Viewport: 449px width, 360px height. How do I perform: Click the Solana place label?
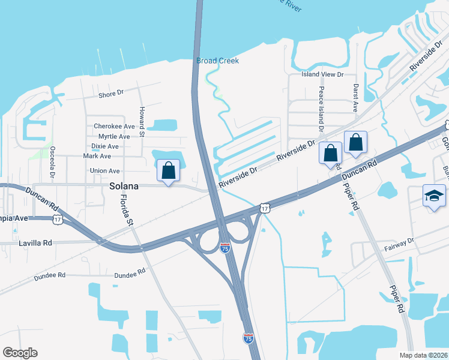coord(124,187)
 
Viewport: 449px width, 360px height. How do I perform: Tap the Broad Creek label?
coord(217,61)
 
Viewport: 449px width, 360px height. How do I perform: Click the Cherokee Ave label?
coord(114,127)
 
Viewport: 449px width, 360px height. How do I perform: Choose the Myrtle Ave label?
coord(114,137)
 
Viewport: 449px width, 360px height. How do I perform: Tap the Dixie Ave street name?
coord(105,146)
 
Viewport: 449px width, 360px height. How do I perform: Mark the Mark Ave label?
coord(97,156)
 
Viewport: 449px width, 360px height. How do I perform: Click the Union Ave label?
coord(104,171)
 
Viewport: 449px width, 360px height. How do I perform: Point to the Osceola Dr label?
coord(53,162)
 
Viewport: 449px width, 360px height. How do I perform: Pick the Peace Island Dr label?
coord(322,109)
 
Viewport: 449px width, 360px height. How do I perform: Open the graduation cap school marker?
coord(435,196)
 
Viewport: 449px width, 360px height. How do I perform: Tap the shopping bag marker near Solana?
coord(169,170)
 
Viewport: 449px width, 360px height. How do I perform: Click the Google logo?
coord(20,353)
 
